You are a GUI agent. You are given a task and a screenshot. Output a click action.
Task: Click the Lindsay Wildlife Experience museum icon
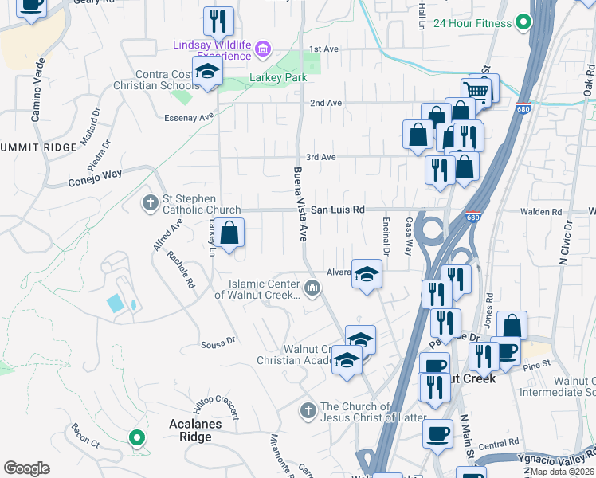pos(262,52)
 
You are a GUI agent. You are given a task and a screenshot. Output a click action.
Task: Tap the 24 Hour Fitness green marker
pos(523,23)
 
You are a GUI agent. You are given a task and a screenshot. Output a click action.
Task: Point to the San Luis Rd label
pos(337,210)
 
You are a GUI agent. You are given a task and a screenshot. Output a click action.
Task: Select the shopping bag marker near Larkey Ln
pos(229,233)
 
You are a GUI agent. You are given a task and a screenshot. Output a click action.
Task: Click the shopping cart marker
pos(477,89)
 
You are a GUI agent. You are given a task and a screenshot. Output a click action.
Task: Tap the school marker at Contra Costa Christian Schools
pos(207,72)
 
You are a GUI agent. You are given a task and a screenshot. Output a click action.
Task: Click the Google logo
pos(26,468)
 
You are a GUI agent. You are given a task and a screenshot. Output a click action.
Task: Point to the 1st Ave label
pos(324,49)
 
